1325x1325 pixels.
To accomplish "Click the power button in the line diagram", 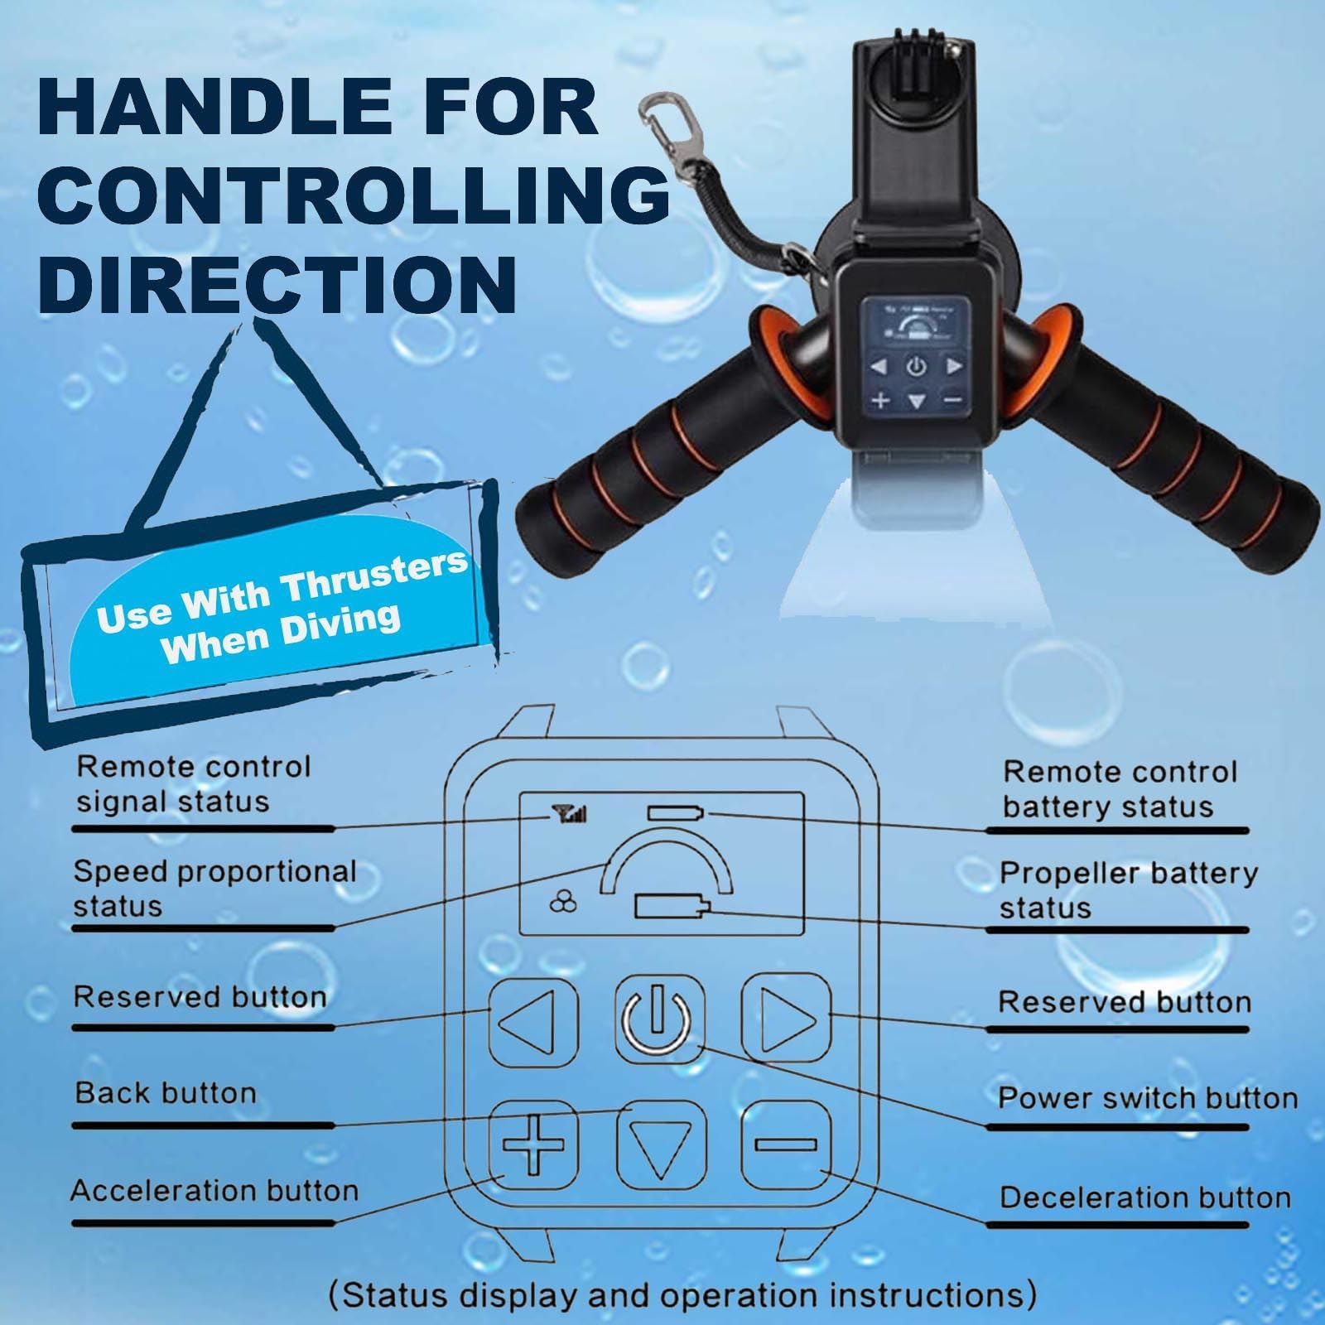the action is pyautogui.click(x=660, y=1019).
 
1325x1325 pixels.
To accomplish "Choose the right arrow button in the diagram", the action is pyautogui.click(x=785, y=1017).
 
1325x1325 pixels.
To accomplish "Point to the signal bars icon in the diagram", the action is pyautogui.click(x=571, y=816).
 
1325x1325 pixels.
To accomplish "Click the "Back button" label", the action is pyautogui.click(x=166, y=1093).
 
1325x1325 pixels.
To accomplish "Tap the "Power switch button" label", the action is pyautogui.click(x=1148, y=1098).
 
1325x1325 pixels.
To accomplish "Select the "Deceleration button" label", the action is pyautogui.click(x=1145, y=1197).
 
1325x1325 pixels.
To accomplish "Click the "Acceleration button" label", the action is pyautogui.click(x=214, y=1191).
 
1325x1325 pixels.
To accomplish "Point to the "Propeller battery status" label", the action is pyautogui.click(x=1128, y=890).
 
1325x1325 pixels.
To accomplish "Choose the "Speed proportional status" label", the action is pyautogui.click(x=214, y=889).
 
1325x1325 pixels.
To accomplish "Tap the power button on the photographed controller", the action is pyautogui.click(x=916, y=365).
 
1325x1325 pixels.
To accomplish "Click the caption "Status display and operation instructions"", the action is pyautogui.click(x=682, y=1294).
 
